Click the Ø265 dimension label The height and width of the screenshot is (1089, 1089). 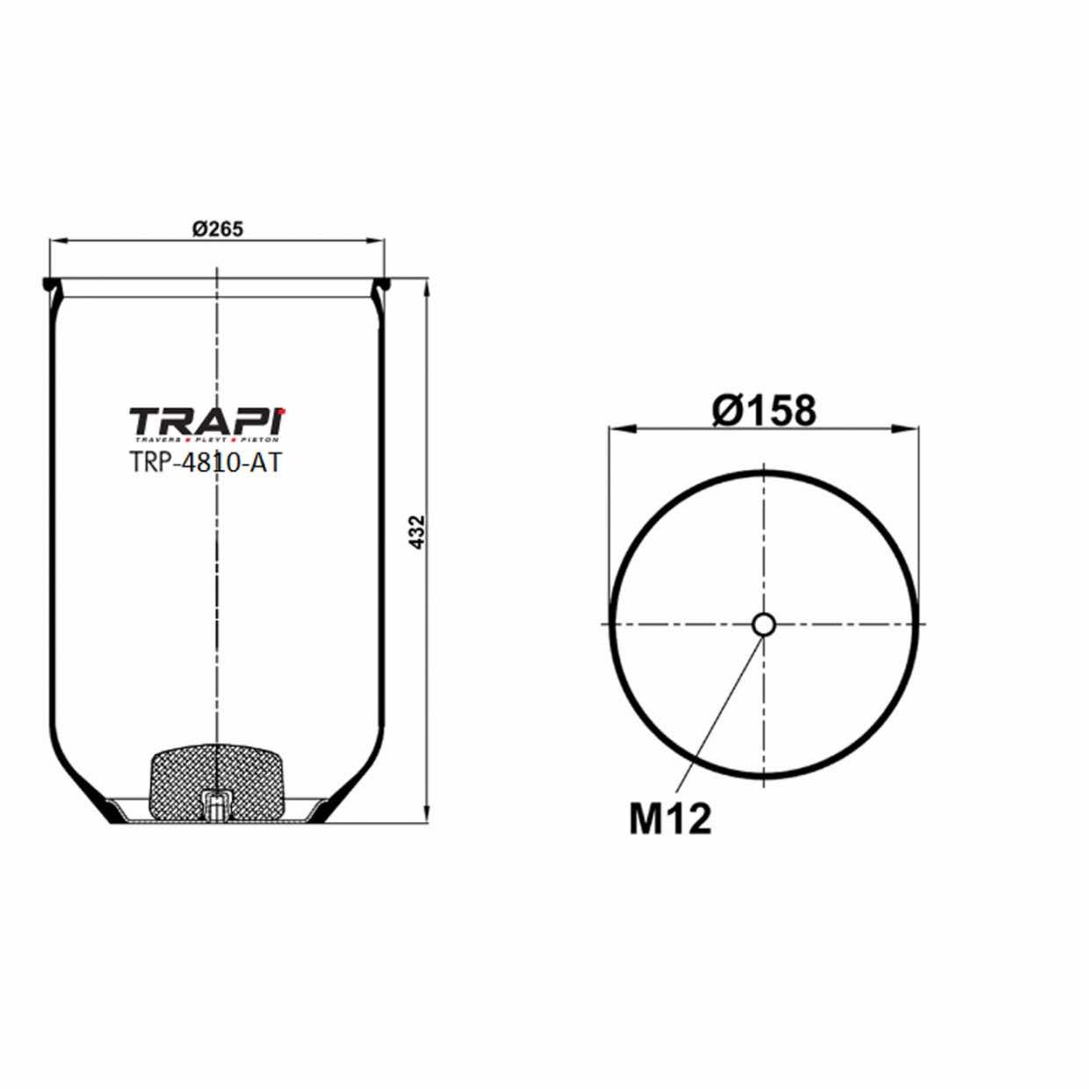217,228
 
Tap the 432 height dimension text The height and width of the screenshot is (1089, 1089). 417,532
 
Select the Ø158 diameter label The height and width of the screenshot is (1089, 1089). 764,409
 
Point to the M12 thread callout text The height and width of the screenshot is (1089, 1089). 669,819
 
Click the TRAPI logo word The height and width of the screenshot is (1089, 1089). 207,420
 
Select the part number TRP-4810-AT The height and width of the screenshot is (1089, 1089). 206,462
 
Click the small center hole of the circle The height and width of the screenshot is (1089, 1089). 763,624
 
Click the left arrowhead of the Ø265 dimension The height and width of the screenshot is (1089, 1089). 55,239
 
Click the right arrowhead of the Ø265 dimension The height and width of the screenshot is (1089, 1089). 379,239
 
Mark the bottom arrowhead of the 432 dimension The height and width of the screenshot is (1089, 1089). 427,818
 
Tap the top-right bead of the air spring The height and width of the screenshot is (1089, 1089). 382,285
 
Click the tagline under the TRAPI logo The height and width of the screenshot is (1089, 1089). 206,438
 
